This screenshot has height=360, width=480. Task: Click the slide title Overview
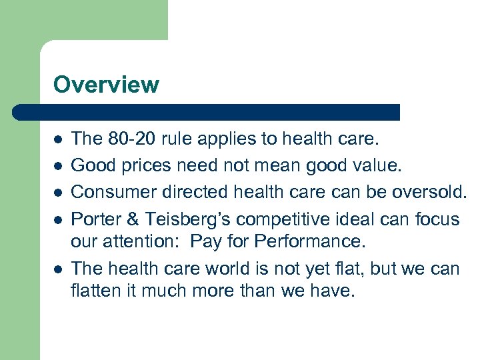(106, 85)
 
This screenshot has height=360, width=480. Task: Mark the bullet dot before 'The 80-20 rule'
(57, 139)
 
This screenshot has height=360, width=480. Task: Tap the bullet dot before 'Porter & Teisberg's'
(57, 219)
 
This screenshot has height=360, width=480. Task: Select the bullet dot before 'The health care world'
(57, 269)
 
